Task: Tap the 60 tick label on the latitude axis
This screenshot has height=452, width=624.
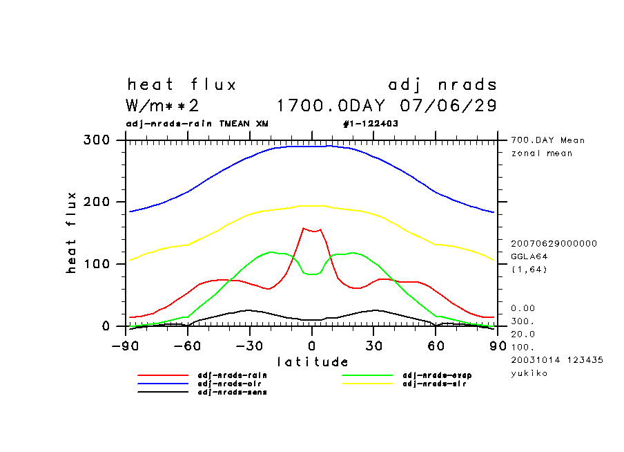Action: [436, 346]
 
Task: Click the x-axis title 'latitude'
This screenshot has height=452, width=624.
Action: [313, 361]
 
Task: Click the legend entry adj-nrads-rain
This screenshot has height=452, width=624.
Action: [232, 375]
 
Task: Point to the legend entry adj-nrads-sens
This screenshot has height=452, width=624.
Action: [232, 392]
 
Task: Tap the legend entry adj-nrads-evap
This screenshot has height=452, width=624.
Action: [436, 375]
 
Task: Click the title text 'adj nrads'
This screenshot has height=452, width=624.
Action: [442, 85]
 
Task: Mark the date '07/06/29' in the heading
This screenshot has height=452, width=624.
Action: [448, 106]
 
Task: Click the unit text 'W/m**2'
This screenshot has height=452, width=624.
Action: [163, 106]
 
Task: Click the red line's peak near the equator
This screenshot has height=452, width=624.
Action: [304, 228]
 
